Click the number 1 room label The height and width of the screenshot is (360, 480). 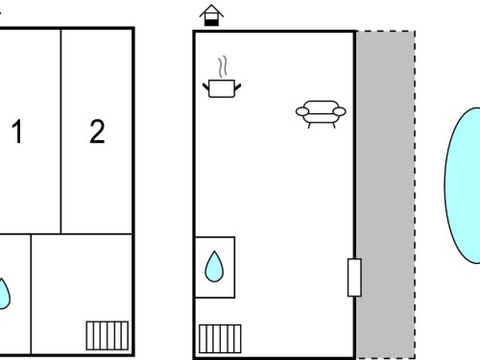tap(17, 132)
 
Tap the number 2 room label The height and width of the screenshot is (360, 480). tap(97, 132)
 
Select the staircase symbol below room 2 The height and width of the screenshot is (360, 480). tap(108, 336)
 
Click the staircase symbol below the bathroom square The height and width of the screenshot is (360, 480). tap(220, 339)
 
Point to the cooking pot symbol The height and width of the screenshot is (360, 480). tap(222, 88)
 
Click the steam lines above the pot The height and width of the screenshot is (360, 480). tap(223, 66)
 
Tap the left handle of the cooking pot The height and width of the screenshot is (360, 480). tap(205, 86)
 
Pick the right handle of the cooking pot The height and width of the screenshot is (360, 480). tap(238, 86)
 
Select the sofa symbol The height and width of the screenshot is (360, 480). tap(321, 114)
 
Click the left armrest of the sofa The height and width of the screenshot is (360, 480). tap(302, 111)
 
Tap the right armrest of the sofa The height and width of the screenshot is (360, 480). tap(340, 111)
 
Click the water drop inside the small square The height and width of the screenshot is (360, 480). tap(214, 267)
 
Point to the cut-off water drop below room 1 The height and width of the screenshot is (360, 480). tap(4, 295)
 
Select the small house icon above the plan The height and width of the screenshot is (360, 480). tap(211, 15)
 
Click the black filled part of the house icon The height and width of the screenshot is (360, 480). tap(211, 22)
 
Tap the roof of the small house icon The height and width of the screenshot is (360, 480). tap(211, 11)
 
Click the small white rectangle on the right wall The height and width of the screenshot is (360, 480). tap(354, 277)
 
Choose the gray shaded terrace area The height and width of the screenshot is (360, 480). tap(386, 195)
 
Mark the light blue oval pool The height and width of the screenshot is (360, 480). tap(463, 185)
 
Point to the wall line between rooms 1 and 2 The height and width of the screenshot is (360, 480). tap(60, 132)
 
